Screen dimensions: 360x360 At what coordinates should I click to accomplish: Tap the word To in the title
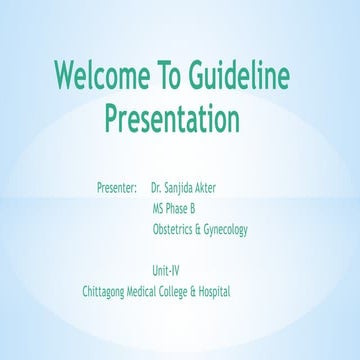pos(175,75)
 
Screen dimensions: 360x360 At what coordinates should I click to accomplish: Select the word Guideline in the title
pos(247,76)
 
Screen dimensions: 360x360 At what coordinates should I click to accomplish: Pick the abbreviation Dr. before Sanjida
pos(157,187)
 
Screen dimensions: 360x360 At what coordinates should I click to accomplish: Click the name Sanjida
pos(183,187)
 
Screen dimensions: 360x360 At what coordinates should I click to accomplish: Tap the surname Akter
pos(215,187)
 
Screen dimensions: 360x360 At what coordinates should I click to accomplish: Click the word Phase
pos(180,208)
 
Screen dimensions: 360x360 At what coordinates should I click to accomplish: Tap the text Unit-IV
pos(166,270)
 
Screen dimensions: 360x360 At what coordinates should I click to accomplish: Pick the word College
pos(183,292)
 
